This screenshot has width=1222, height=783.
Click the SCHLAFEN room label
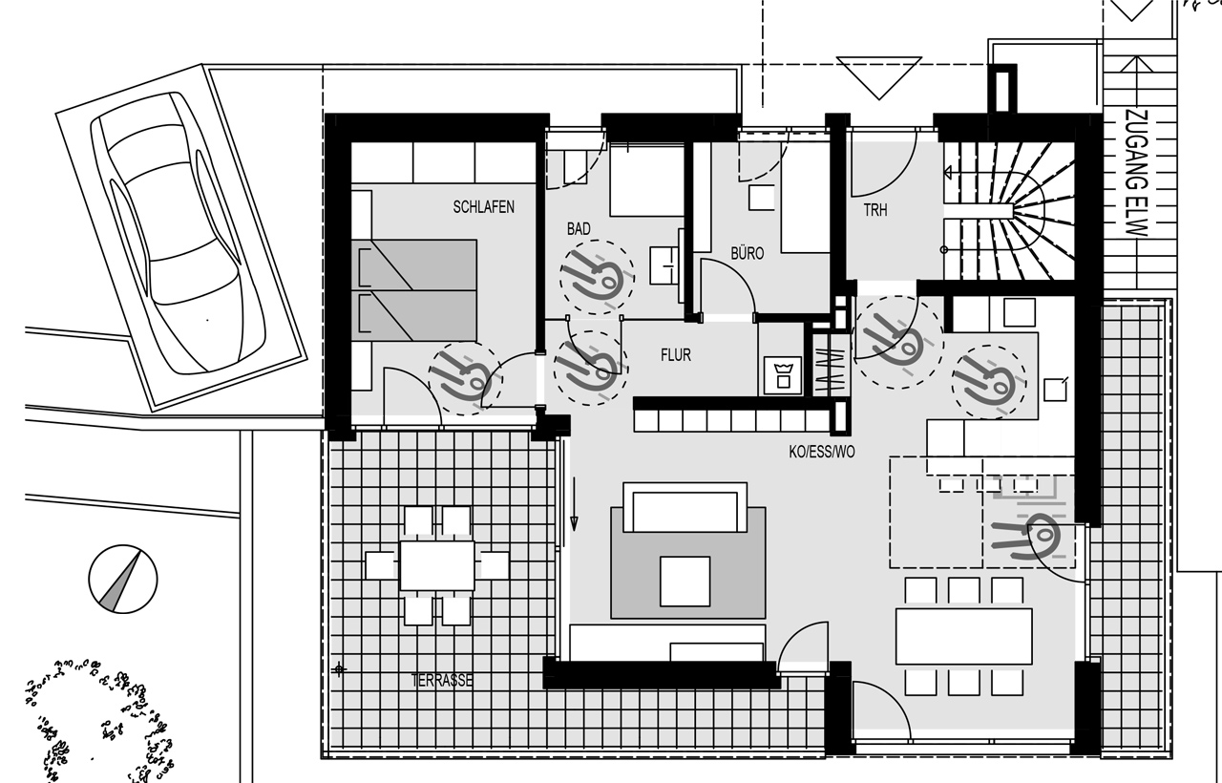click(483, 207)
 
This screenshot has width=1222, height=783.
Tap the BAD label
click(579, 228)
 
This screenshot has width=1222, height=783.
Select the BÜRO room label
click(747, 253)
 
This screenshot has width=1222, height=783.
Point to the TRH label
click(875, 210)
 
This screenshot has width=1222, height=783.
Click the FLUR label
click(675, 355)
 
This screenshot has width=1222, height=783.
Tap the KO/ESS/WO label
click(822, 452)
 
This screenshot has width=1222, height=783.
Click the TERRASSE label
click(442, 681)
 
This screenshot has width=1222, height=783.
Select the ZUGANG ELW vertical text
click(1137, 173)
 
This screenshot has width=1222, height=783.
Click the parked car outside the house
click(178, 233)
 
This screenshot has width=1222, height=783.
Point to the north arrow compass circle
click(123, 579)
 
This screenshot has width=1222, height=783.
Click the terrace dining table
click(437, 565)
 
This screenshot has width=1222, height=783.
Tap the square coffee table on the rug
click(685, 582)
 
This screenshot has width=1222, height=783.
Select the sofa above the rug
click(685, 507)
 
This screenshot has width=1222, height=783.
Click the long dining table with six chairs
click(964, 636)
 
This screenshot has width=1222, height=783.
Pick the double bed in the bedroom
click(414, 290)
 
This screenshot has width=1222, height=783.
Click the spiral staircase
click(1009, 211)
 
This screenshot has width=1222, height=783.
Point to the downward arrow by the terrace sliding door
click(574, 503)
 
